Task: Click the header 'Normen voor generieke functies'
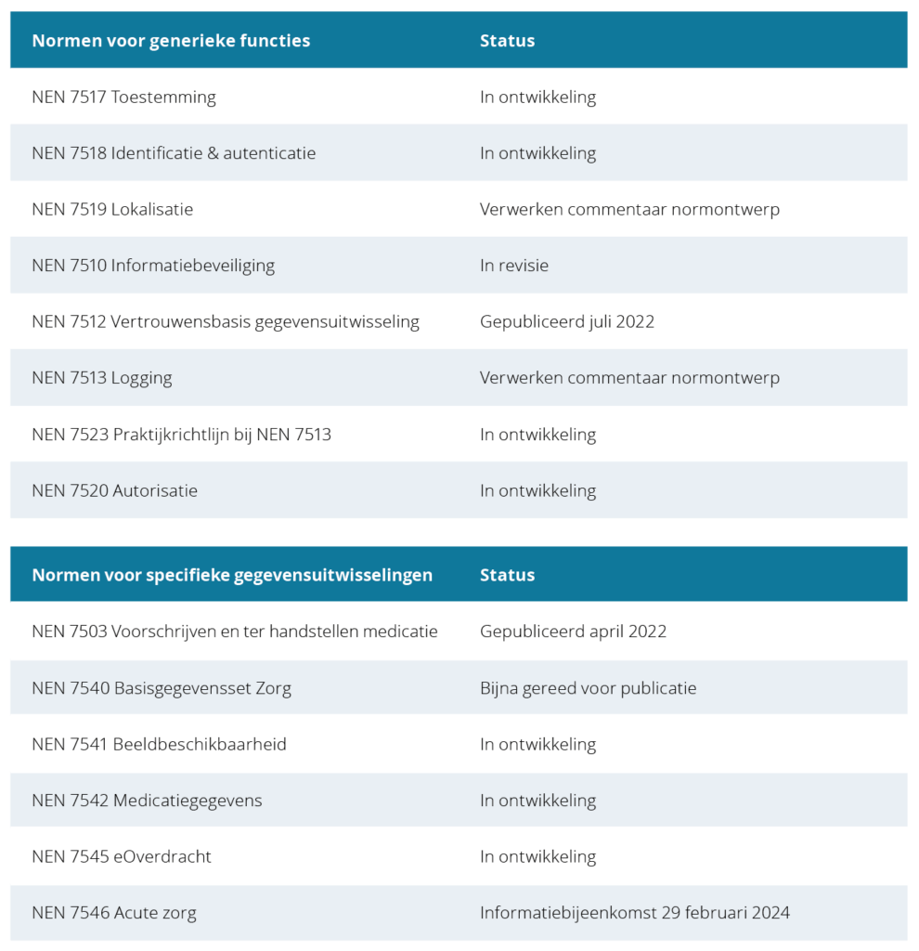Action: click(171, 41)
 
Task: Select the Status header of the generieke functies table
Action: click(507, 41)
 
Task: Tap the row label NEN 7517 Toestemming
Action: click(123, 98)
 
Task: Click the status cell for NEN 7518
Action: click(537, 153)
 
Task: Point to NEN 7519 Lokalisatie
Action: click(112, 210)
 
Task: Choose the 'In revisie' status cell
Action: click(514, 266)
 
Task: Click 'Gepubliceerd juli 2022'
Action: click(566, 322)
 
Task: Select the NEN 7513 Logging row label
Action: click(102, 378)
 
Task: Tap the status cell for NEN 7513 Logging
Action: click(629, 378)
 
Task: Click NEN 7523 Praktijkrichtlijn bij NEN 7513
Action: click(181, 435)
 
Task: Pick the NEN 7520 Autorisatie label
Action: click(114, 490)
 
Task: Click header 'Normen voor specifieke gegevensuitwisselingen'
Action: click(232, 575)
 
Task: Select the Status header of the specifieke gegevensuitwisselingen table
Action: click(507, 575)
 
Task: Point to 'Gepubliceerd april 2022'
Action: click(573, 632)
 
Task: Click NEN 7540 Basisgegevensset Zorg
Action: click(162, 688)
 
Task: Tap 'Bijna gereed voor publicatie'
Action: click(588, 688)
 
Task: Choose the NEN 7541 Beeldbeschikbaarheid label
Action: click(159, 744)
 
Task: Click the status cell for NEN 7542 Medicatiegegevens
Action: click(537, 801)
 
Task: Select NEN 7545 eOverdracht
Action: click(122, 856)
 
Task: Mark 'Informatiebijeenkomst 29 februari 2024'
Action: click(634, 913)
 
